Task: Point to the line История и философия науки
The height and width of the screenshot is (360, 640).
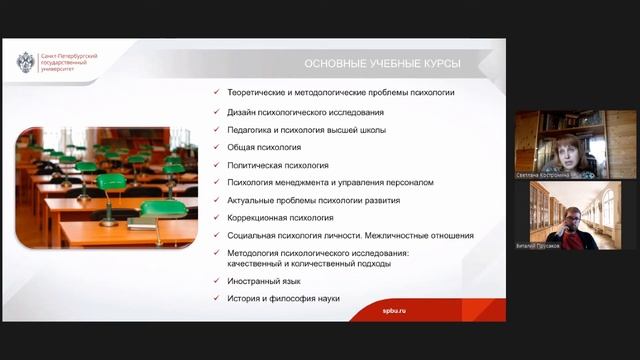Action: pos(284,298)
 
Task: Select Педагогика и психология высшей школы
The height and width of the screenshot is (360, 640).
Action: pos(306,130)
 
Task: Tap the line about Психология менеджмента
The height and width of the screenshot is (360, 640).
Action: pos(330,182)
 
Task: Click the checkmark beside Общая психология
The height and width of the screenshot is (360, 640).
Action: pos(217,147)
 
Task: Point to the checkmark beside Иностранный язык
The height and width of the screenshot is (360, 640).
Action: pos(217,282)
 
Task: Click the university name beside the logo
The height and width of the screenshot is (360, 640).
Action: pos(66,63)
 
